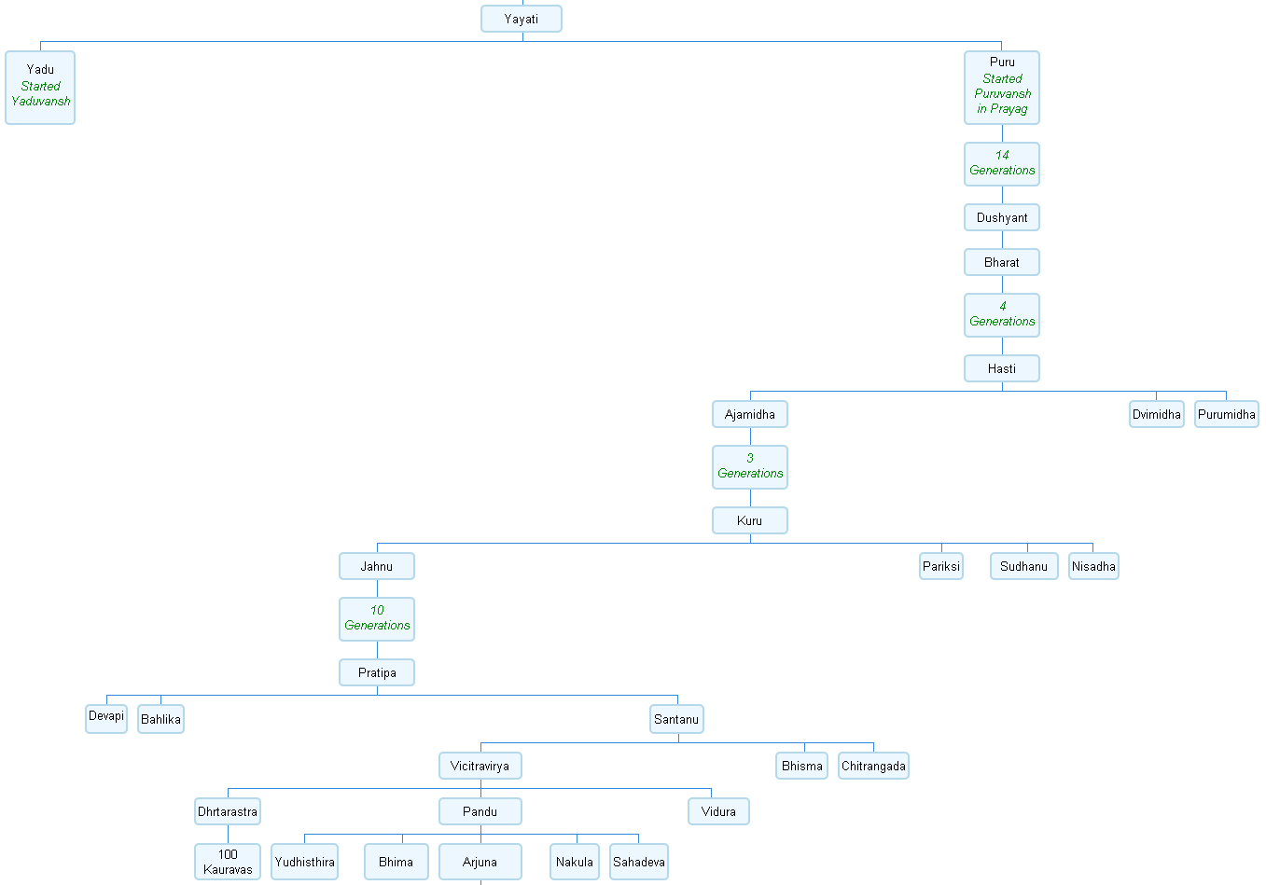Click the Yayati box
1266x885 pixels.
click(521, 20)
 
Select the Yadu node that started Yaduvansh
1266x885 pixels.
click(40, 87)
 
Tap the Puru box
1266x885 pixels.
click(1001, 87)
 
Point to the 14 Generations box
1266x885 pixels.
click(1001, 163)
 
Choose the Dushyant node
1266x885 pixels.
click(1001, 217)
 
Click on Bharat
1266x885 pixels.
click(1001, 262)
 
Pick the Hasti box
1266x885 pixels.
click(1001, 368)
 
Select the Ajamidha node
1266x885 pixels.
click(749, 414)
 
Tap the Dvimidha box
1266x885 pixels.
click(1156, 414)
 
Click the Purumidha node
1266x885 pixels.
click(1226, 414)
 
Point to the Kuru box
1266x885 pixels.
click(749, 520)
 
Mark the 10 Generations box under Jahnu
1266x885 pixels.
click(377, 618)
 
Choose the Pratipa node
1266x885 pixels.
click(377, 672)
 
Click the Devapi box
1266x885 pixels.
click(106, 718)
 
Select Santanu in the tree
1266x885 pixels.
click(676, 719)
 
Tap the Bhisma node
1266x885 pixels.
click(801, 766)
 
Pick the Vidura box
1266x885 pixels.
click(718, 811)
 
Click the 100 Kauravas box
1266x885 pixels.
click(228, 862)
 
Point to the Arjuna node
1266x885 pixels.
click(480, 862)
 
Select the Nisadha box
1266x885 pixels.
click(1093, 566)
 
